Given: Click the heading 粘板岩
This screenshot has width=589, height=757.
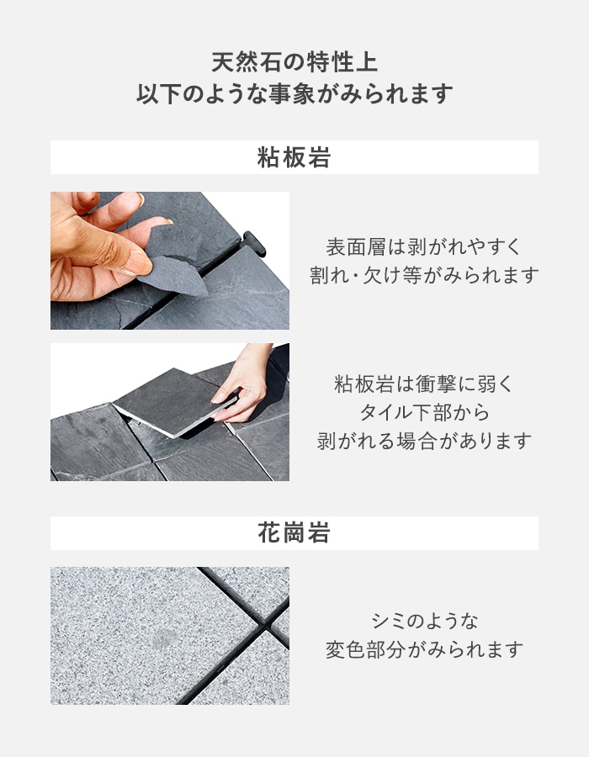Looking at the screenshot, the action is click(x=294, y=158).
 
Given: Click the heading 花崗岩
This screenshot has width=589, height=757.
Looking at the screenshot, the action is click(x=294, y=533).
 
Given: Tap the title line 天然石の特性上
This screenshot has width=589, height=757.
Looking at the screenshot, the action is click(x=294, y=63).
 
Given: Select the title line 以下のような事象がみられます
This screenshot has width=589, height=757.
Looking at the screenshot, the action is click(x=294, y=93).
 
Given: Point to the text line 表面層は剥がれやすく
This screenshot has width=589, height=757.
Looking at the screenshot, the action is click(x=423, y=247).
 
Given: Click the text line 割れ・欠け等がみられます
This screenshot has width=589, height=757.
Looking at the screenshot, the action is click(x=424, y=275).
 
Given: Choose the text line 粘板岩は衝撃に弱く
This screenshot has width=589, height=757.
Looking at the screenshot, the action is click(x=423, y=384).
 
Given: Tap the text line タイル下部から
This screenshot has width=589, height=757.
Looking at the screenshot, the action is click(x=424, y=412).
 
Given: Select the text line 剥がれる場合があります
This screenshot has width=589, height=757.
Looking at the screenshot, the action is click(x=424, y=441).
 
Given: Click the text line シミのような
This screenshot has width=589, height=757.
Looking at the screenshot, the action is click(x=424, y=621).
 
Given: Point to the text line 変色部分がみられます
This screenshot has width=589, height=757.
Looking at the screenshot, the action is click(x=424, y=649).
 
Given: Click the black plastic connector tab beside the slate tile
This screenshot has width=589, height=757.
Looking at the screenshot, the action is click(x=254, y=243).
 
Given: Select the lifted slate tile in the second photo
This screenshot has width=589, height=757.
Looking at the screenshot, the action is click(x=175, y=402).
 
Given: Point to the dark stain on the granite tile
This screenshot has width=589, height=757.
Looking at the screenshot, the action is click(x=162, y=640).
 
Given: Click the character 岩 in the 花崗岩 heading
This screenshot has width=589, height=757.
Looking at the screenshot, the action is click(x=319, y=533).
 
